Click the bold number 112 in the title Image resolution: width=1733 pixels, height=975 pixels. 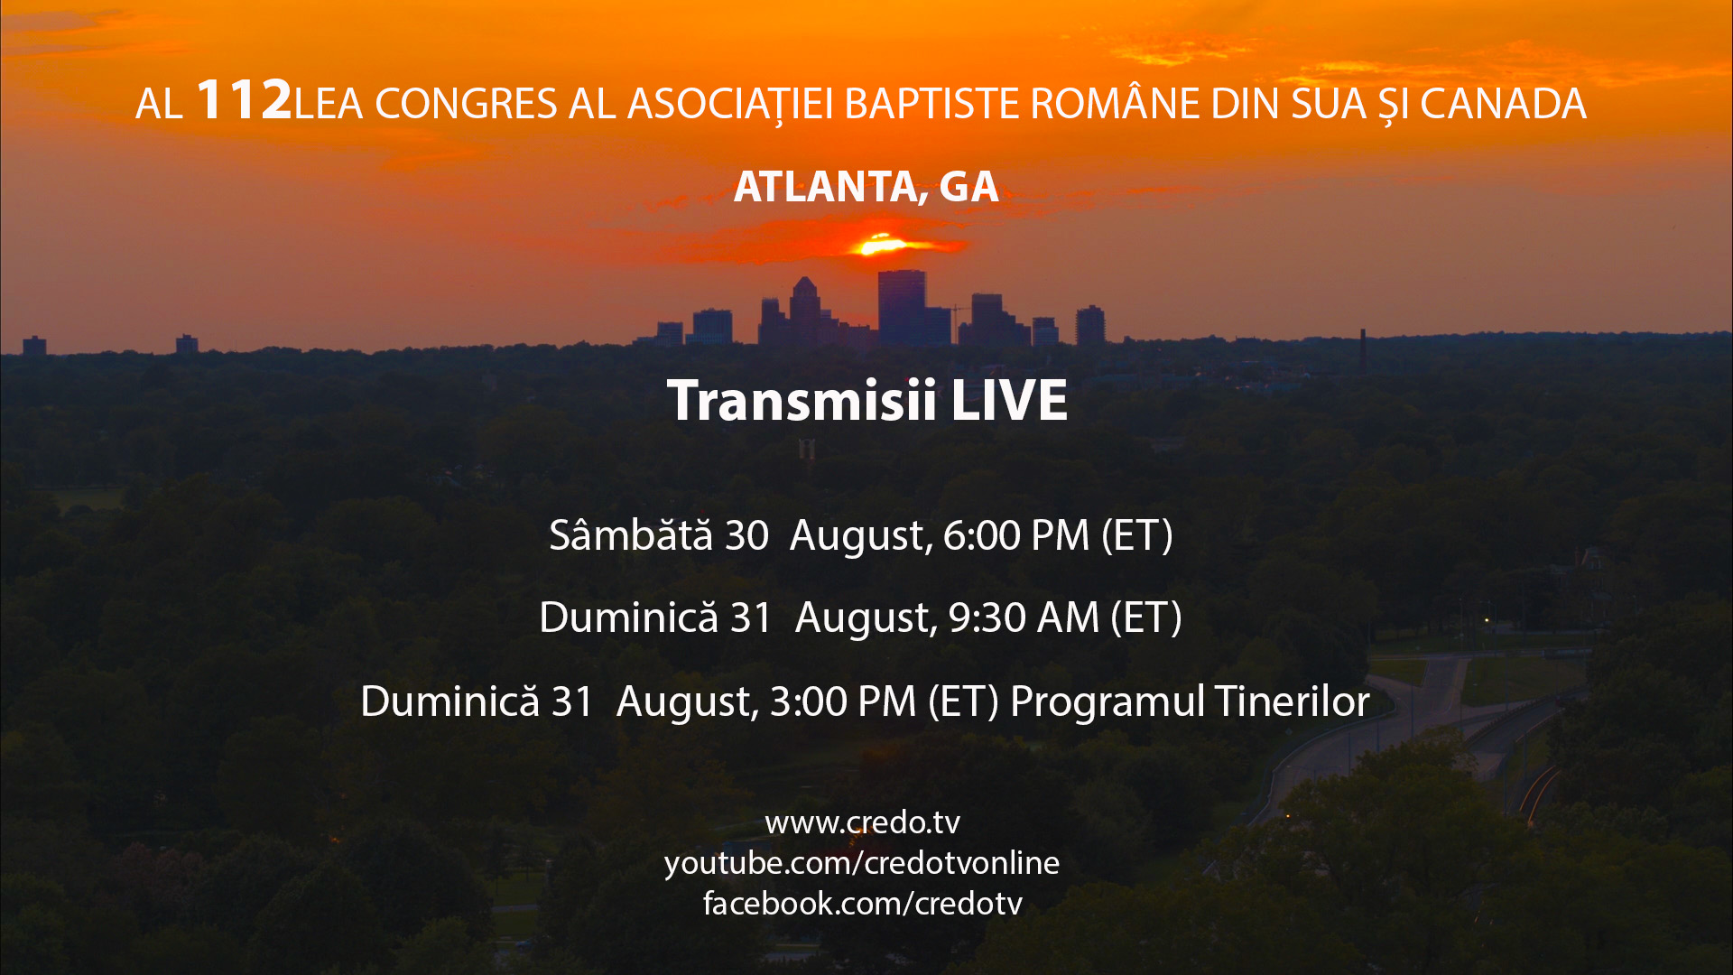click(244, 99)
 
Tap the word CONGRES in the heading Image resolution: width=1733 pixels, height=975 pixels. click(466, 104)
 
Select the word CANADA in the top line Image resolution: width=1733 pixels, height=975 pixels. click(1503, 104)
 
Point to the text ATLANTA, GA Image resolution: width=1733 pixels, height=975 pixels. click(866, 187)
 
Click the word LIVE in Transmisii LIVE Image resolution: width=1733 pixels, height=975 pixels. click(1009, 400)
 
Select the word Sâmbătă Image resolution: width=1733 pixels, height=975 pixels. click(631, 534)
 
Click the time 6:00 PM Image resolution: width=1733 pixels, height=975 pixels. click(1016, 535)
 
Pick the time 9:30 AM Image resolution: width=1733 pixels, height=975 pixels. click(1024, 618)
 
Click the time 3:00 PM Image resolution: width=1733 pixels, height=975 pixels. click(843, 701)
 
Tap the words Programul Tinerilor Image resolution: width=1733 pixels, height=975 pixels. click(1190, 701)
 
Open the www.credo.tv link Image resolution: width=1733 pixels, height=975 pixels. click(862, 822)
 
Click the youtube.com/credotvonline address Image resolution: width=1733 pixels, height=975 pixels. click(862, 863)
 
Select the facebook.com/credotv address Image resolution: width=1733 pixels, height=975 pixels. click(862, 903)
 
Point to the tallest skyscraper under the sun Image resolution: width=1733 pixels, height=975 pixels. click(902, 307)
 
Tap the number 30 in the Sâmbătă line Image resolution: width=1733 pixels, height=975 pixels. click(746, 535)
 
